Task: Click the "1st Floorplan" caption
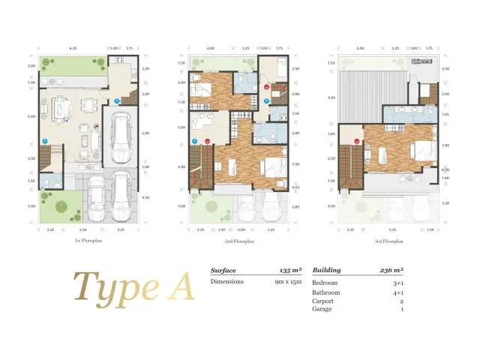(x=88, y=241)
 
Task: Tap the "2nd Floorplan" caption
(x=238, y=241)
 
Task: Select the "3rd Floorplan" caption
(x=389, y=241)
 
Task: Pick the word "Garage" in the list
(x=322, y=308)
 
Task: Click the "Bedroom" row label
(x=325, y=283)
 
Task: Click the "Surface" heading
(x=223, y=270)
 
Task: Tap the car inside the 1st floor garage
(x=120, y=140)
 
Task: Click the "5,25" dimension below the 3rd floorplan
(x=393, y=230)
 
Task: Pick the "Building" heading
(x=326, y=270)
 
